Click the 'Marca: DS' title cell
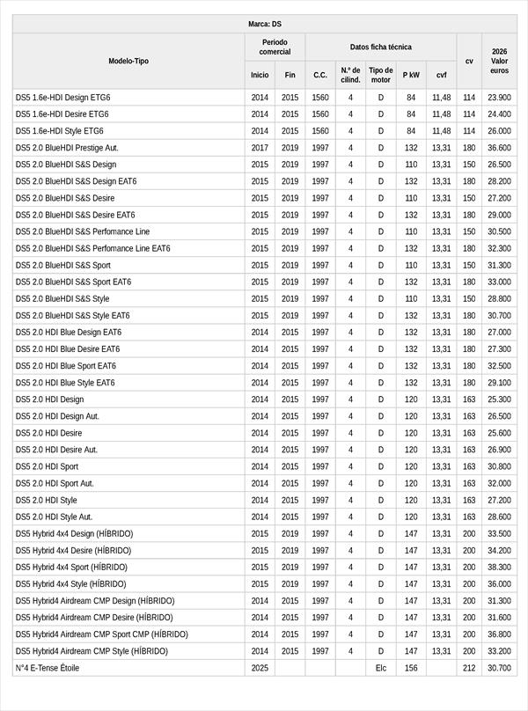(264, 24)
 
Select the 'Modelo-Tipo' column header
(128, 61)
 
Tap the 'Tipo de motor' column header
(380, 75)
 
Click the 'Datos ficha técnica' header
(380, 47)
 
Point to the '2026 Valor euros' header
(499, 61)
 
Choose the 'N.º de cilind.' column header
(350, 75)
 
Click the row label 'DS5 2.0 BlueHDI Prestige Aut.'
(67, 148)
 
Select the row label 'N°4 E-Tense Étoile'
(48, 668)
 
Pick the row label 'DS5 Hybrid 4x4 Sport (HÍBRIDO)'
(71, 568)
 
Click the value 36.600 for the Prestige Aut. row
(499, 148)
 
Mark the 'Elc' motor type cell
(380, 668)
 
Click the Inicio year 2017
(260, 148)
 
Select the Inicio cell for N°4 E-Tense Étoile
(260, 668)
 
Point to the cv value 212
(469, 668)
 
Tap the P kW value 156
(411, 668)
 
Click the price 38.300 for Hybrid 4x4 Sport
(499, 568)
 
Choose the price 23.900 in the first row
(499, 98)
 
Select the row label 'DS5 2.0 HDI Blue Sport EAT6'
(66, 366)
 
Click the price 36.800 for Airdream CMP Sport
(499, 634)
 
